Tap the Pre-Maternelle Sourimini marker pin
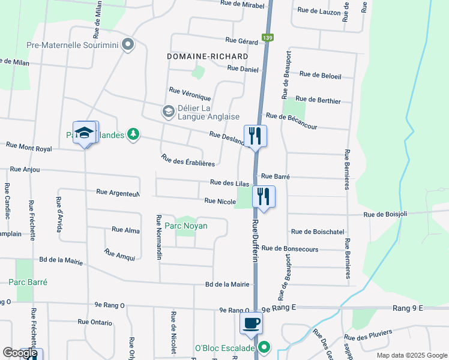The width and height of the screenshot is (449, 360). click(128, 44)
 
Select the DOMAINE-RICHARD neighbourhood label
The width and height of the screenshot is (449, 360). click(208, 56)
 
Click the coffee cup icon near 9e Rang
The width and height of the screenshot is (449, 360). click(251, 323)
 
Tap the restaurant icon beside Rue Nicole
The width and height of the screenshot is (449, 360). click(264, 195)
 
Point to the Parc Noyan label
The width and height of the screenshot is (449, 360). click(186, 226)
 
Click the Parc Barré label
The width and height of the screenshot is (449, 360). click(28, 282)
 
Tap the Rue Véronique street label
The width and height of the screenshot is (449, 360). click(190, 94)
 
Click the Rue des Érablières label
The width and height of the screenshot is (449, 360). click(188, 160)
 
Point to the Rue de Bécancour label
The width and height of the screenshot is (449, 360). click(291, 121)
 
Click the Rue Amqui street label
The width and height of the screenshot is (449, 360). click(119, 256)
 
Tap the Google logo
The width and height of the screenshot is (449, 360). click(20, 353)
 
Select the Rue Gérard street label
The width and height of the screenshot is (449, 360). click(241, 41)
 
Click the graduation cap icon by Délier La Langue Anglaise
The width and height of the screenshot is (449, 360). click(168, 112)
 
